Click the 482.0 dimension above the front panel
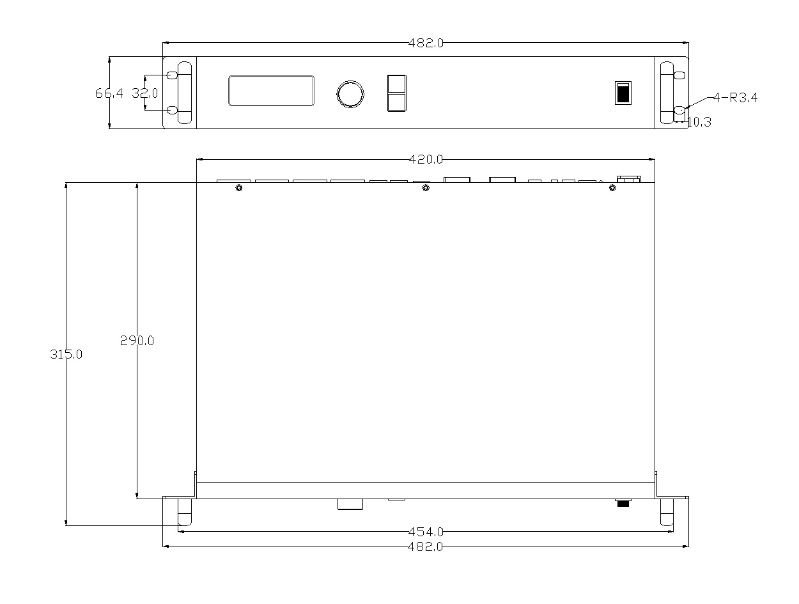425,43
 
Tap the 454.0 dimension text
425,532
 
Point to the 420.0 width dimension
425,160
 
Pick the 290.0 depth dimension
137,341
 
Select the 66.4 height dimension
109,93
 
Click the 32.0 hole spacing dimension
145,93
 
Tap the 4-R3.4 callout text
735,98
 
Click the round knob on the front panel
350,93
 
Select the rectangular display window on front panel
271,90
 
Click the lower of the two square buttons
396,102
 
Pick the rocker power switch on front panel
623,93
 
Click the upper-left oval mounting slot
172,75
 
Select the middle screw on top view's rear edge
426,188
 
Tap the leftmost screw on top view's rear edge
238,188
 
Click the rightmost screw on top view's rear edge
612,188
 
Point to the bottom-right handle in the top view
667,512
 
